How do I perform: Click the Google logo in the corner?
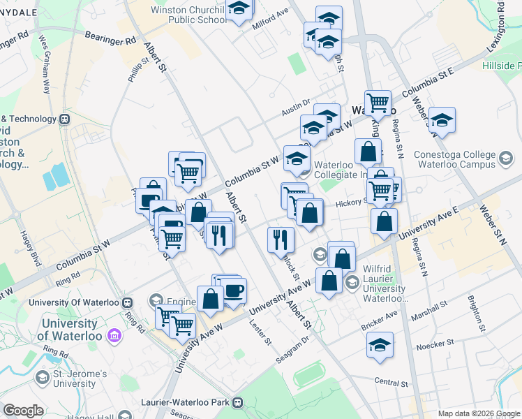coord(23,411)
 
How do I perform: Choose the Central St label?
coord(390,383)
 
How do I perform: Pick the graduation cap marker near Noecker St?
coord(380,345)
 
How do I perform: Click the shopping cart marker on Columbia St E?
coord(378,103)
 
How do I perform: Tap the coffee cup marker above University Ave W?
coord(233,290)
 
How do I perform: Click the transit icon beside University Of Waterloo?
coord(127,302)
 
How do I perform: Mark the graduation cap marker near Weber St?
coord(442,119)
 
